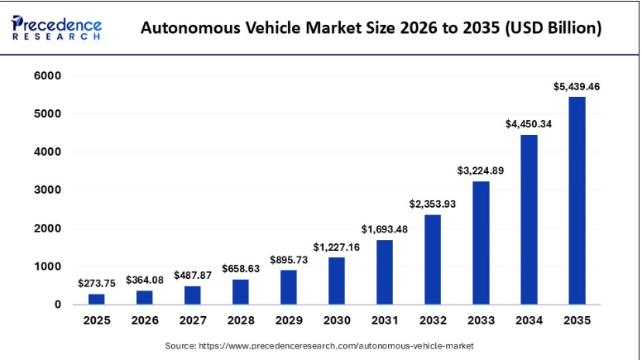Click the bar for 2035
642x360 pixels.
(577, 200)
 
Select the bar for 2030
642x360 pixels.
(336, 281)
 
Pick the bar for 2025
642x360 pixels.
(97, 299)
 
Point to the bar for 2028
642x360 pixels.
(240, 291)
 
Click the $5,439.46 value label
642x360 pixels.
(577, 85)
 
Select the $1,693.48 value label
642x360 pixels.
(384, 228)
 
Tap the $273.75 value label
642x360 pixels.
(97, 283)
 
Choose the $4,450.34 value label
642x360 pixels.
(529, 123)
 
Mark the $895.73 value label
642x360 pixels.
(288, 259)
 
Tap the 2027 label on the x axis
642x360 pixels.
(192, 321)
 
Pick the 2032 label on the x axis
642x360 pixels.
(433, 321)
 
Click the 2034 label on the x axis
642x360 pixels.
(529, 321)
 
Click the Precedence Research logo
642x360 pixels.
(57, 26)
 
